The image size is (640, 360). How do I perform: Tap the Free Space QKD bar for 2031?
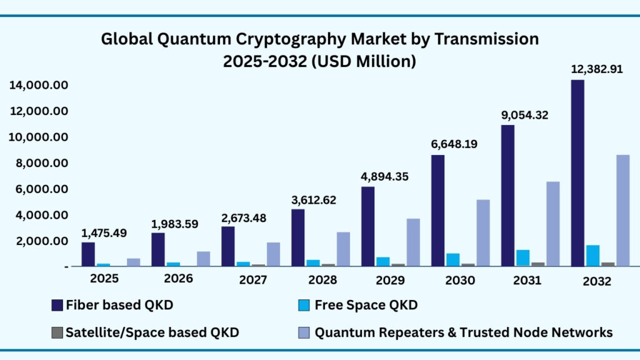point(523,257)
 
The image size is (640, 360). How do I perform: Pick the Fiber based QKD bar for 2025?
point(88,254)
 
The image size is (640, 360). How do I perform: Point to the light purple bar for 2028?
point(343,249)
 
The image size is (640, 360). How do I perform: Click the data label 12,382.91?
point(596,69)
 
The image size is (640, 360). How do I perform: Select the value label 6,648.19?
point(454,144)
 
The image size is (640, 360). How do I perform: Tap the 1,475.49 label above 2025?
point(104,232)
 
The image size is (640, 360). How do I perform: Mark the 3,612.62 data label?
point(314,200)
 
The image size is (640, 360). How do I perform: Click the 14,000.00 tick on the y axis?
point(39,85)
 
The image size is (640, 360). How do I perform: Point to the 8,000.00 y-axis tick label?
point(39,163)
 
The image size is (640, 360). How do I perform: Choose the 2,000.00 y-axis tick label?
point(39,241)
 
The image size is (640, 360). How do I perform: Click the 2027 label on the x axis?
point(252,281)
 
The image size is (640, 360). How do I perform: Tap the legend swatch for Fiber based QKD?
point(57,305)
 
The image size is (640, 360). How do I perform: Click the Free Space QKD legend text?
point(366,305)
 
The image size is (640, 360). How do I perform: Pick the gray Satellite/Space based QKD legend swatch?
point(57,332)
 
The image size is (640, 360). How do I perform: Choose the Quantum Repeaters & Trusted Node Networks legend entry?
point(463,332)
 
